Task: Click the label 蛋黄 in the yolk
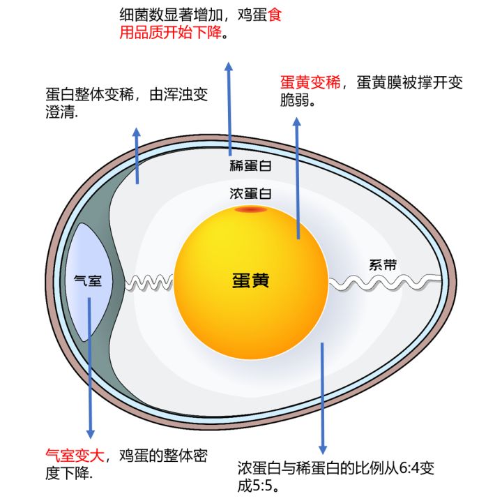[x=250, y=280]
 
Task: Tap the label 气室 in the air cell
[x=88, y=281]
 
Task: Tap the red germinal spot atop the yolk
[x=250, y=209]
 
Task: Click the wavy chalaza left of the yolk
[x=149, y=282]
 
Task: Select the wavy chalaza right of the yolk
[x=383, y=282]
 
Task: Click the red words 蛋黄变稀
[x=310, y=83]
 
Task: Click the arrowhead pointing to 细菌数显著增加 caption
[x=228, y=66]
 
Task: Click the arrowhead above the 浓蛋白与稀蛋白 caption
[x=322, y=447]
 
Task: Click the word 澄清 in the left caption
[x=61, y=112]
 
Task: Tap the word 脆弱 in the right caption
[x=295, y=100]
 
